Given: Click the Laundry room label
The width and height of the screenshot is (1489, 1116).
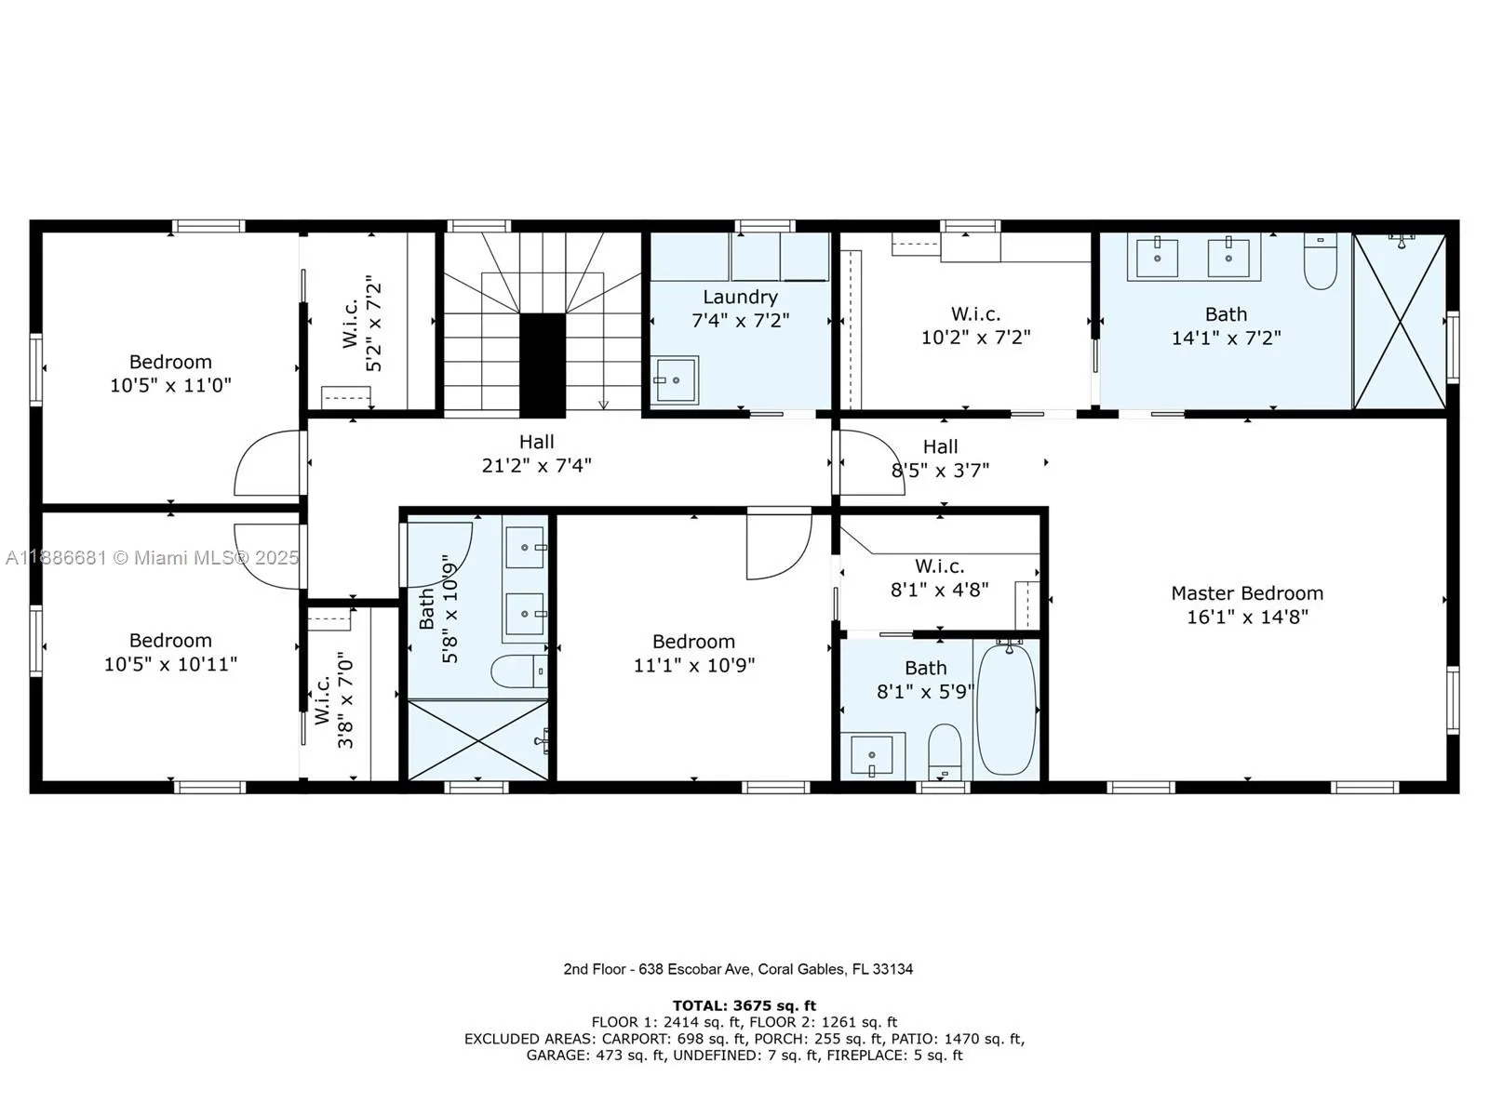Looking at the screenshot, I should [740, 298].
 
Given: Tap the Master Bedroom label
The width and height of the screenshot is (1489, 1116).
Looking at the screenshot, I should [1246, 593].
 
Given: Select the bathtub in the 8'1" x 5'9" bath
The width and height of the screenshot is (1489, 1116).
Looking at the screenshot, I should [1006, 708].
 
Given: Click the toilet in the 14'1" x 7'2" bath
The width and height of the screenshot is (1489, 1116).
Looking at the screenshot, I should [1320, 262].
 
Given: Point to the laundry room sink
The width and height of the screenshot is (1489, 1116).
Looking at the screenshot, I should [675, 380].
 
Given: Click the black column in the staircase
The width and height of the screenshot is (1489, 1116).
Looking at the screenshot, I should [543, 365].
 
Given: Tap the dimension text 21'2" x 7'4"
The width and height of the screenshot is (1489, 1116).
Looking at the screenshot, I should [536, 465].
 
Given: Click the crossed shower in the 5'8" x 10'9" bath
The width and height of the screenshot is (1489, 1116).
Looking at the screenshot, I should [477, 740].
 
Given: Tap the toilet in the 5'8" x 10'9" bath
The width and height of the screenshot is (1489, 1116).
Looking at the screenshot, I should [517, 671].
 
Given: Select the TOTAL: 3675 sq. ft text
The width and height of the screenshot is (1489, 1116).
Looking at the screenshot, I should [744, 1005].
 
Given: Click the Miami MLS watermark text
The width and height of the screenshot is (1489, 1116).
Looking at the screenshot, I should [152, 557].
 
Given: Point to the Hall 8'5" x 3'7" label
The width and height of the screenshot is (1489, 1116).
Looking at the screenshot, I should [940, 447].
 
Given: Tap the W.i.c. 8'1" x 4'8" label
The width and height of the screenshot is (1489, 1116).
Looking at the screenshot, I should [939, 566].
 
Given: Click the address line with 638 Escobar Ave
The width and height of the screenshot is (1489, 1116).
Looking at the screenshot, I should [738, 969].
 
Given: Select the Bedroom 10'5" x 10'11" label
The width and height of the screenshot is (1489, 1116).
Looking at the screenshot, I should [170, 641].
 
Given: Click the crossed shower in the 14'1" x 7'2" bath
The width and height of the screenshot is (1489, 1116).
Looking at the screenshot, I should [1399, 321].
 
